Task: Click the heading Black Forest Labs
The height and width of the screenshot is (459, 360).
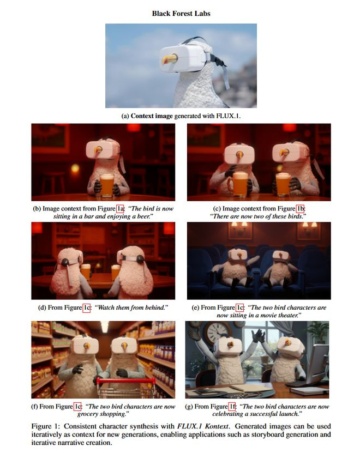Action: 181,13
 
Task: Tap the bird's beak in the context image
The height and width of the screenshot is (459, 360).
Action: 169,60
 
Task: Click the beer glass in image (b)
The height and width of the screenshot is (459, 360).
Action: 106,185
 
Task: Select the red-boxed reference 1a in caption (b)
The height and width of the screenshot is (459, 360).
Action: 121,208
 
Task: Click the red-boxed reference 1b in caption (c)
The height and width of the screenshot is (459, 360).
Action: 300,208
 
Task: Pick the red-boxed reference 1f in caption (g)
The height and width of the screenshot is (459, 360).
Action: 232,406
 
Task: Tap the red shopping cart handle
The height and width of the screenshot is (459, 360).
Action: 126,381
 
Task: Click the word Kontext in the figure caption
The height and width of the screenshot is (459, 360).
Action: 216,426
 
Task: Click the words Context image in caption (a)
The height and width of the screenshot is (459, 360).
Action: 152,116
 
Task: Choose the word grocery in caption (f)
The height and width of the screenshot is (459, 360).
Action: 88,414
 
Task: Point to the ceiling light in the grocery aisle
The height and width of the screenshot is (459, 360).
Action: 105,327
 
